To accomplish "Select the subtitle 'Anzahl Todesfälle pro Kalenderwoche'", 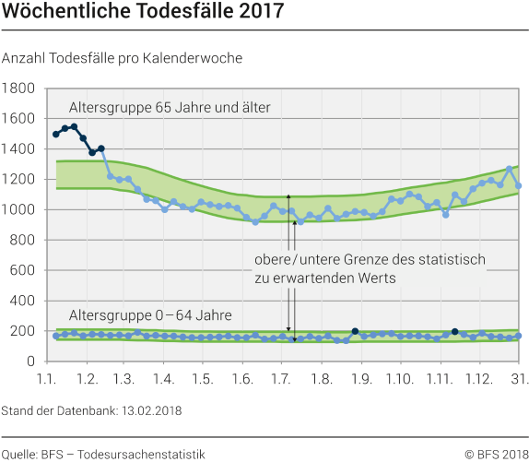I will (x=123, y=57).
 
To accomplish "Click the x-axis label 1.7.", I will (x=282, y=379).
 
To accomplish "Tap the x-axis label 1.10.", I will (x=399, y=379).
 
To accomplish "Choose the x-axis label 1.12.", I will (x=477, y=379).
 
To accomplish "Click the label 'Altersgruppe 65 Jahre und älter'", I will (x=170, y=108).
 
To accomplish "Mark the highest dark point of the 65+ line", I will (x=74, y=127).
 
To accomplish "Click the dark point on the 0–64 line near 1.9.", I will (x=355, y=331).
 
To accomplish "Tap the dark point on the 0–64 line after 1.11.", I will (x=454, y=331).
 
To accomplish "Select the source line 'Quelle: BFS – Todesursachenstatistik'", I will (x=103, y=453).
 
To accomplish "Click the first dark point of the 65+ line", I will (x=56, y=135).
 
